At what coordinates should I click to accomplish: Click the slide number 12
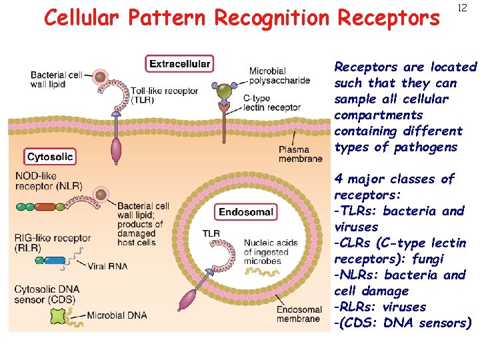pos(461,8)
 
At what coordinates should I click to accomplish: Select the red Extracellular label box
pos(179,64)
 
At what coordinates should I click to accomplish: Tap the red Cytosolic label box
pos(50,157)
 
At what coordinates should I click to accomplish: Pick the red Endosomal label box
pos(246,212)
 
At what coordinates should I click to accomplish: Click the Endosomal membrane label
pos(299,314)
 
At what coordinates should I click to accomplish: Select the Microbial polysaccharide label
pos(279,76)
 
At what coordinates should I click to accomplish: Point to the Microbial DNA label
pos(116,315)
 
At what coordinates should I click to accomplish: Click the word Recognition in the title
pos(269,19)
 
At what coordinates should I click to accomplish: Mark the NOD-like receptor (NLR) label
pos(49,181)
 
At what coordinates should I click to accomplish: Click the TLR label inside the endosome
pos(211,233)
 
